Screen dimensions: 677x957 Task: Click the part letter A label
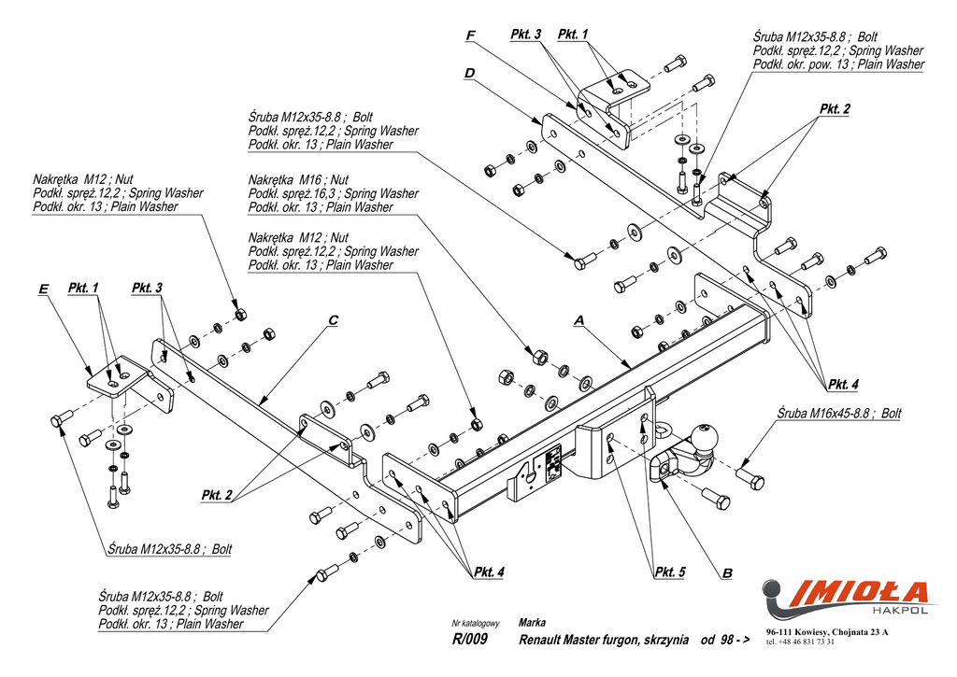click(x=578, y=320)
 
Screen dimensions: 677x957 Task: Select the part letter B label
click(x=726, y=571)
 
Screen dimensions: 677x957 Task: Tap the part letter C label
click(x=333, y=320)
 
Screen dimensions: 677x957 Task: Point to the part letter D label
click(x=469, y=73)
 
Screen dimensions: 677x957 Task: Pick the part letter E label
click(x=43, y=289)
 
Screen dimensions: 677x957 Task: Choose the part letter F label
click(x=470, y=35)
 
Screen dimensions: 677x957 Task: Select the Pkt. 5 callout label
click(x=670, y=571)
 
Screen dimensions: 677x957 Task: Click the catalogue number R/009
click(x=469, y=640)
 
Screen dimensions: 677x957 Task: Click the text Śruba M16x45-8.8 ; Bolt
click(x=839, y=413)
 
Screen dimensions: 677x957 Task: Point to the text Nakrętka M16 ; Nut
click(x=298, y=179)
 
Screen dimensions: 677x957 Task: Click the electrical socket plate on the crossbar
click(x=552, y=463)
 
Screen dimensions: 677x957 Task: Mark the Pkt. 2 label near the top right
click(x=835, y=109)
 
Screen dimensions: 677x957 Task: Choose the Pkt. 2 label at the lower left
click(x=217, y=495)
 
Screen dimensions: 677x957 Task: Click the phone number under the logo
click(x=800, y=642)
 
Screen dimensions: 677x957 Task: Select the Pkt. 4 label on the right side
click(x=843, y=384)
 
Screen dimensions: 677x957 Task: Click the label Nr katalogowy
click(x=476, y=623)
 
